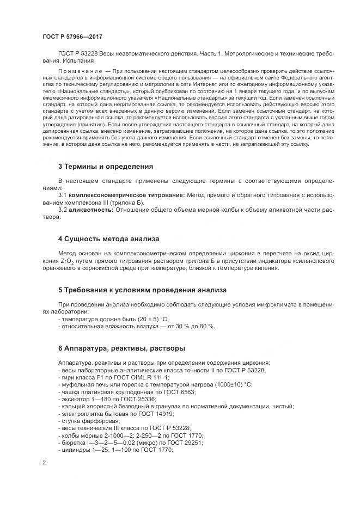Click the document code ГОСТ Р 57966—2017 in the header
(72, 36)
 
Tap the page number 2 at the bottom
(44, 463)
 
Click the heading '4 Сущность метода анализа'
(108, 238)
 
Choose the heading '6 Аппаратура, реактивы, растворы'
(121, 347)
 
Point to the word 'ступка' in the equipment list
(71, 421)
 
